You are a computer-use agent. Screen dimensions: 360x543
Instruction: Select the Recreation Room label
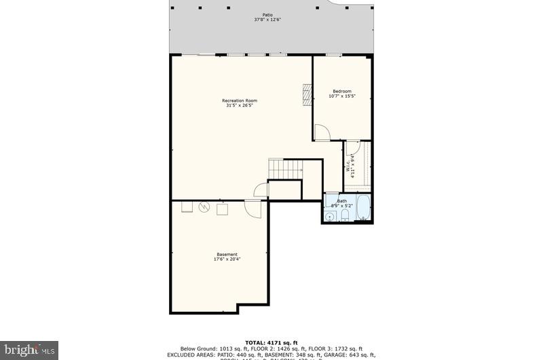pos(240,101)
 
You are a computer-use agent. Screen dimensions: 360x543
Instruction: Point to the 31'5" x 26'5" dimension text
pos(240,105)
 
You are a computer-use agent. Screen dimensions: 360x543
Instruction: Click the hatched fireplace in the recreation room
pos(307,95)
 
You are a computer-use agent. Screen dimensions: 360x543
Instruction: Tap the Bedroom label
pos(342,91)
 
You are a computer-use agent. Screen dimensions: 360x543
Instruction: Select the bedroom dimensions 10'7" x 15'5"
pos(342,96)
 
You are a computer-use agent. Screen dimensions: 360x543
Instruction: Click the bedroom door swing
pos(323,132)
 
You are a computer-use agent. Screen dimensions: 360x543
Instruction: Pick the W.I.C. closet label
pos(348,166)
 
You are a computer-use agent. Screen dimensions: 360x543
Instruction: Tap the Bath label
pos(342,200)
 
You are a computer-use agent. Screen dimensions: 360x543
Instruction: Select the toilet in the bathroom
pos(345,216)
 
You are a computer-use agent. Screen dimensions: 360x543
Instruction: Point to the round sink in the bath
pos(330,217)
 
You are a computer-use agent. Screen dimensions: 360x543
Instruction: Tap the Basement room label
pos(227,255)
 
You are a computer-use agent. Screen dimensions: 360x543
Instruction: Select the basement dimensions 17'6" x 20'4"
pos(227,259)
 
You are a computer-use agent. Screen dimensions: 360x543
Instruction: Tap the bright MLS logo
pos(29,350)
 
